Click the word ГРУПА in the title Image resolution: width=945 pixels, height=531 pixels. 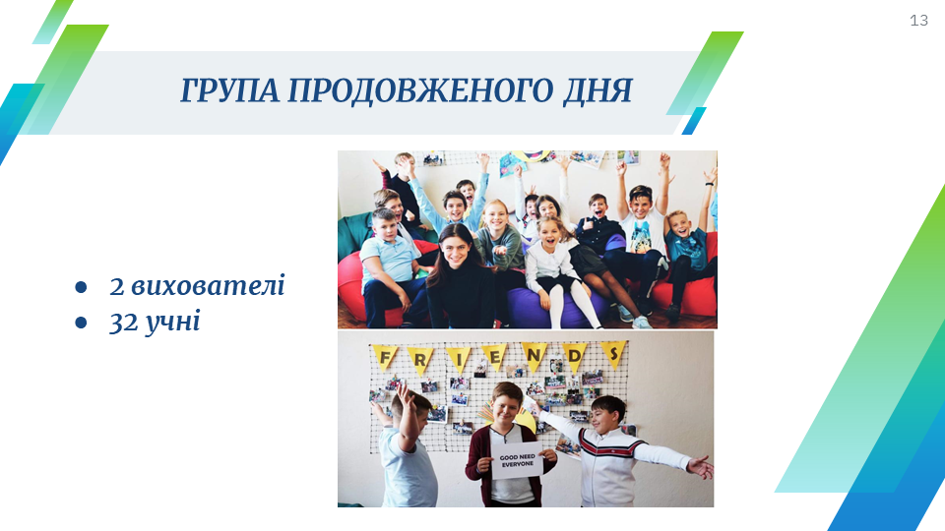(229, 90)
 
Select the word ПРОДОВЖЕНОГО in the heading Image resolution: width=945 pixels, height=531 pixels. (420, 90)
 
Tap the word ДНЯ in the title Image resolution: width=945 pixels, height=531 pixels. (598, 90)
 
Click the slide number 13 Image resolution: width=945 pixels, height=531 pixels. (918, 21)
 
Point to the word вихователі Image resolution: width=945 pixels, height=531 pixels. (208, 285)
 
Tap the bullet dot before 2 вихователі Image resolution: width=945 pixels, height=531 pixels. (81, 287)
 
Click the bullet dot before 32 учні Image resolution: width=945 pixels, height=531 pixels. (81, 324)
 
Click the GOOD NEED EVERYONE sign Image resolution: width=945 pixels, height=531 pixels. (517, 461)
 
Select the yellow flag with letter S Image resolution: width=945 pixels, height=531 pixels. (613, 353)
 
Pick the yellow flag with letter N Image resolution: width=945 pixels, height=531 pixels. (534, 356)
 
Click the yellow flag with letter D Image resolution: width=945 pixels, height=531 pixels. (574, 356)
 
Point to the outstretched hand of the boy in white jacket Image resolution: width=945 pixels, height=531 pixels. (700, 467)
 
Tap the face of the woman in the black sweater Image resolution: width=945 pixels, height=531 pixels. (456, 249)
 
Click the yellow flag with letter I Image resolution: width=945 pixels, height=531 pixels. (459, 359)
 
